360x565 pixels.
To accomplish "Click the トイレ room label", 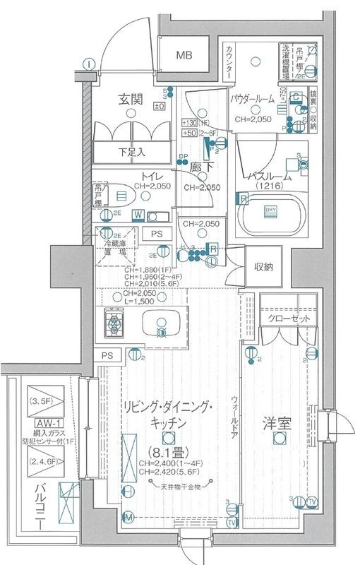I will (x=133, y=177).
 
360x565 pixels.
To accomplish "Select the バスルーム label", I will (x=271, y=174).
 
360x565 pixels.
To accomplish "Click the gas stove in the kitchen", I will (x=113, y=324).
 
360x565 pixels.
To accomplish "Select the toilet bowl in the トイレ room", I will (x=121, y=194).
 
